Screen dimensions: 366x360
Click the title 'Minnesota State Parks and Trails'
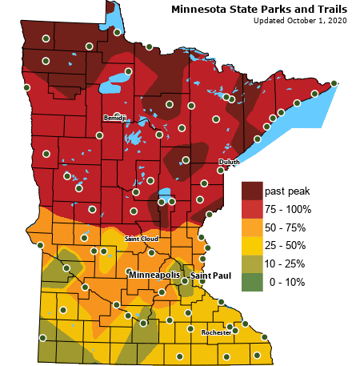click(259, 10)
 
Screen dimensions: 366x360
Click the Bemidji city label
click(115, 118)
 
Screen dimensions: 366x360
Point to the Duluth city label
click(229, 162)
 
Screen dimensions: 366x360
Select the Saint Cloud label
click(141, 239)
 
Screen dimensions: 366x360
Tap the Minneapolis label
click(156, 275)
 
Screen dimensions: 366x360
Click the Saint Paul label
click(210, 276)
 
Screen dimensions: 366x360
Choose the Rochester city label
click(216, 332)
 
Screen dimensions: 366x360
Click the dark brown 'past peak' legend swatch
click(252, 191)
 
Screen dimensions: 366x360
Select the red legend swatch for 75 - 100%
click(252, 209)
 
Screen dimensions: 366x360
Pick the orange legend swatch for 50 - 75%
click(252, 227)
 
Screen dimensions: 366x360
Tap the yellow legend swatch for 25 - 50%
click(252, 245)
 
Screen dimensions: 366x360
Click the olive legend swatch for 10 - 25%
click(252, 263)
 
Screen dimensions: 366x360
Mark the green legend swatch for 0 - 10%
click(252, 282)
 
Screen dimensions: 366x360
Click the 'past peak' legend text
click(286, 191)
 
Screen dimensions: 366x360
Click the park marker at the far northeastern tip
click(334, 83)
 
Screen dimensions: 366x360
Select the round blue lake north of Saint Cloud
click(166, 195)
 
